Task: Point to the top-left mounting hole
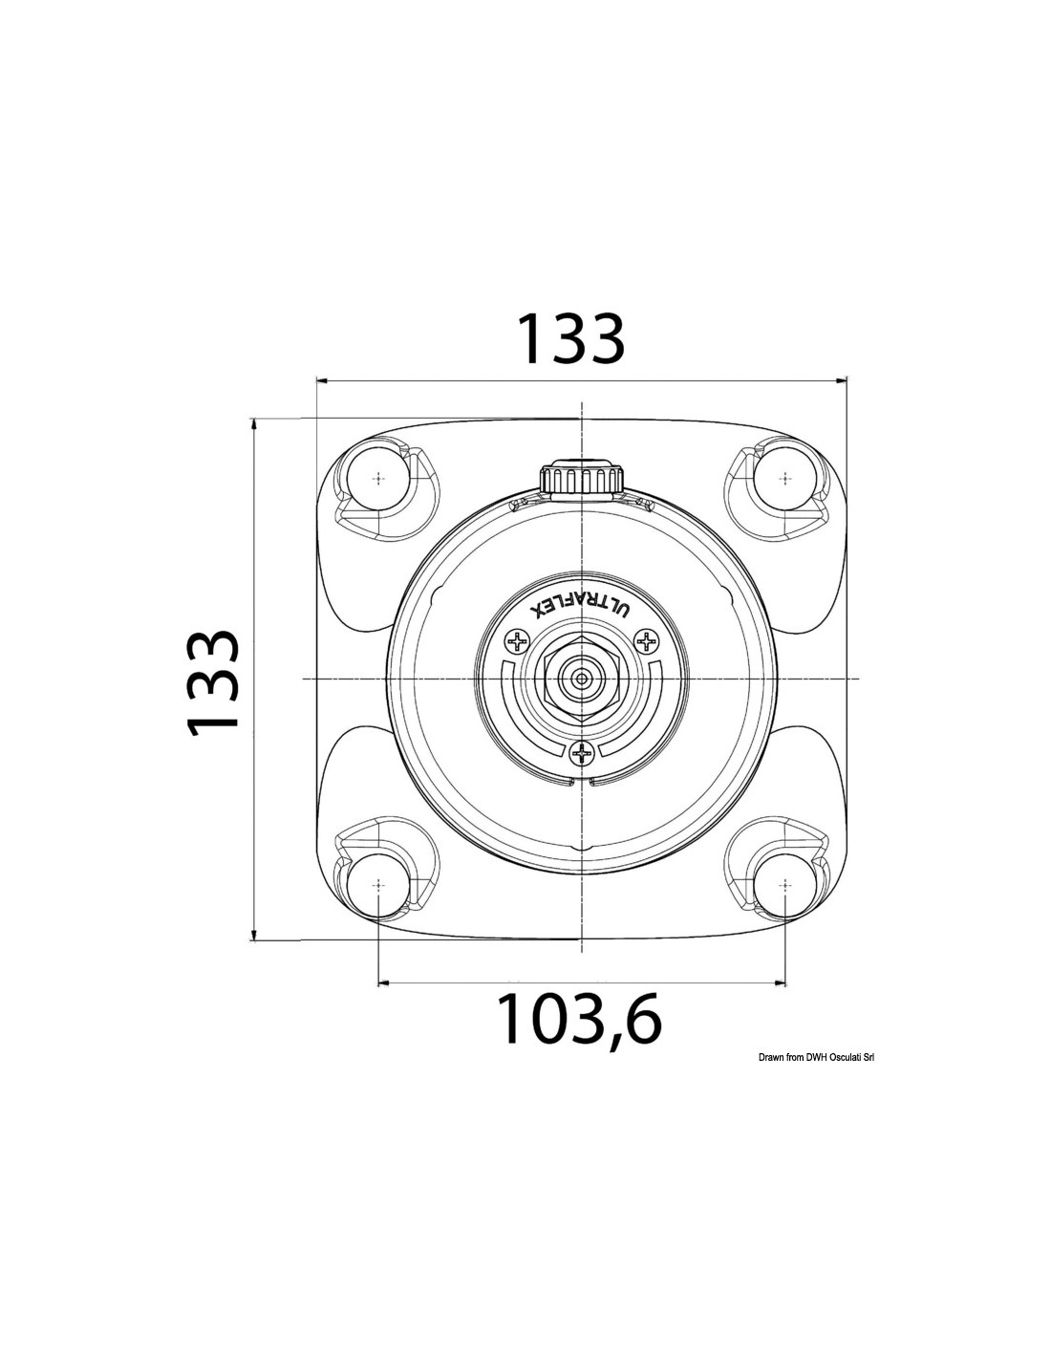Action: [x=378, y=479]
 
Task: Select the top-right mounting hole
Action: [x=785, y=479]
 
